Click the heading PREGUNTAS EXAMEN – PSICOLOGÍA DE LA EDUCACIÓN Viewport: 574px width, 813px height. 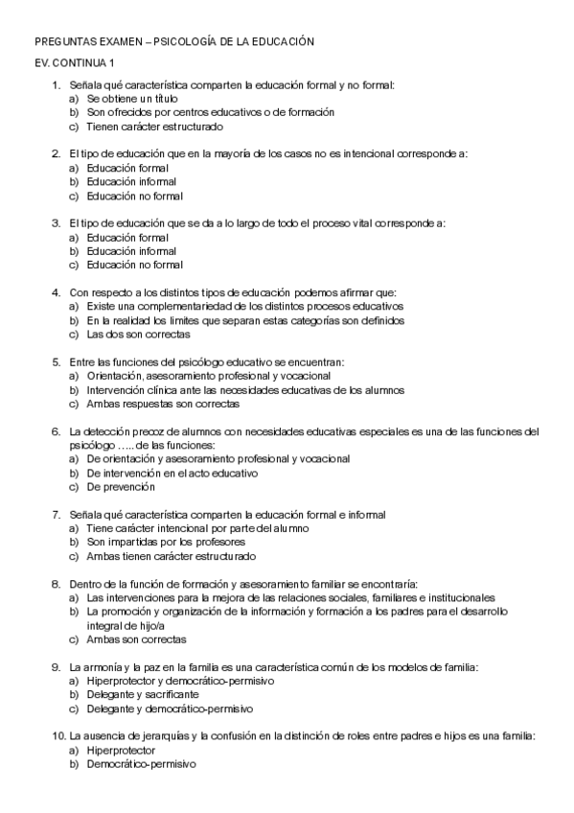[173, 42]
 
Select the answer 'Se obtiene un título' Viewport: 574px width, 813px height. [131, 99]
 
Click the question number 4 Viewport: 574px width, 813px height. [57, 292]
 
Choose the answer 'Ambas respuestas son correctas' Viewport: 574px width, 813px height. [156, 404]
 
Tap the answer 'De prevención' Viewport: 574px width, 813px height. [121, 486]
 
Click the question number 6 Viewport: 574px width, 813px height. [57, 431]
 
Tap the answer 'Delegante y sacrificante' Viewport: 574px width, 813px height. [142, 694]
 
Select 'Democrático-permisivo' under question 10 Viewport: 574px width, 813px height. [141, 764]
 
